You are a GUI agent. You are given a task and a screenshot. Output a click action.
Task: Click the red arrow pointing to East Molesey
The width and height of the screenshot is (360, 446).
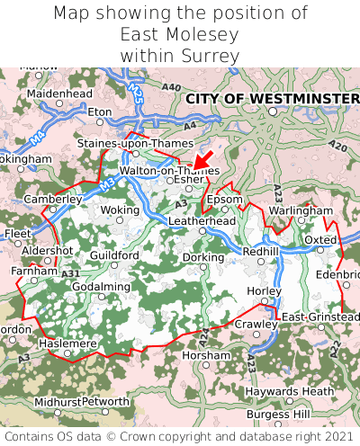point(203,161)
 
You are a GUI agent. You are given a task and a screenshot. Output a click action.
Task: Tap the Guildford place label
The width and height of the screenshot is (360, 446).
point(114,255)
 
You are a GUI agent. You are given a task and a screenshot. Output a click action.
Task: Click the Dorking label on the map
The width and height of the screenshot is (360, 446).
point(203,257)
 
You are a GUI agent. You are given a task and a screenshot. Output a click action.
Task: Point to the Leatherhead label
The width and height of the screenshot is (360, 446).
point(202,220)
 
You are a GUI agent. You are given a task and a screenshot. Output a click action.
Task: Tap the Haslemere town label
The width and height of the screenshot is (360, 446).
point(67,343)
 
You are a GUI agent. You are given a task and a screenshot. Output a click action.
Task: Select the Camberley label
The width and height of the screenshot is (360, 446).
point(53,199)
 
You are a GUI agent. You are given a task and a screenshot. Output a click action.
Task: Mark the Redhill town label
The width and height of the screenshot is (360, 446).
point(261,252)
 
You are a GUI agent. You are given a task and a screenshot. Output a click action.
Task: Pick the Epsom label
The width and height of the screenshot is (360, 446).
point(225,199)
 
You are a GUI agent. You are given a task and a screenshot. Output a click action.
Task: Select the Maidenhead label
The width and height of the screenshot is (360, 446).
point(59,94)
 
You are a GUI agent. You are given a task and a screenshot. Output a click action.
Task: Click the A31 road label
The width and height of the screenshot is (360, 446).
point(71,273)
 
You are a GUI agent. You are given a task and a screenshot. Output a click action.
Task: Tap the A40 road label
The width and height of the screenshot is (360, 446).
point(171,86)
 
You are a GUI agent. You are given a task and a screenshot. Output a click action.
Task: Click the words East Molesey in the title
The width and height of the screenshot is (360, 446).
point(180,34)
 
